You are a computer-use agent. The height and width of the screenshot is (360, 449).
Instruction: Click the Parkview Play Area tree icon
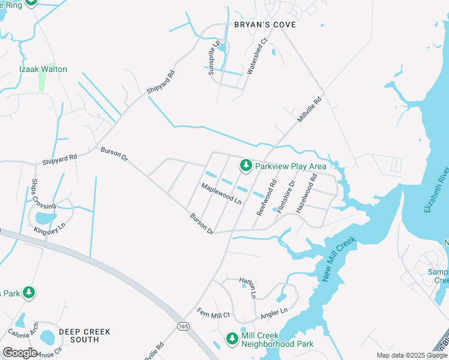pyautogui.click(x=246, y=165)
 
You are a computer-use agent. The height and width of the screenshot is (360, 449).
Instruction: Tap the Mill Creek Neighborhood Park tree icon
pyautogui.click(x=232, y=339)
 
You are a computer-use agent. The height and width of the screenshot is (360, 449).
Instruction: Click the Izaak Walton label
pyautogui.click(x=43, y=69)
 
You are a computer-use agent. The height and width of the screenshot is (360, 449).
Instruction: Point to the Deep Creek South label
pyautogui.click(x=79, y=335)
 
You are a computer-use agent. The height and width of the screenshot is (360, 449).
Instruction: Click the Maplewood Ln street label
pyautogui.click(x=221, y=194)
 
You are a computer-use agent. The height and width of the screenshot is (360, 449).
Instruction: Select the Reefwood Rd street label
pyautogui.click(x=267, y=197)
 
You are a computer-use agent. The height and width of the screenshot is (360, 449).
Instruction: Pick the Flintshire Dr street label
pyautogui.click(x=287, y=196)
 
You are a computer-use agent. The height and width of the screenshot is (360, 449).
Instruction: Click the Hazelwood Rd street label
pyautogui.click(x=306, y=193)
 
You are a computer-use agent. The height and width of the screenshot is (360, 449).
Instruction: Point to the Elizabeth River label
pyautogui.click(x=436, y=190)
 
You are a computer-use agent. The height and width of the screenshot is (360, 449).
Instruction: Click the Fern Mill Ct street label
pyautogui.click(x=213, y=313)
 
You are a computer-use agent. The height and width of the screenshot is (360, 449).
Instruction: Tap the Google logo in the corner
pyautogui.click(x=20, y=352)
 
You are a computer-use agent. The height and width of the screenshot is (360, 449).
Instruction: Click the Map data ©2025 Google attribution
pyautogui.click(x=411, y=355)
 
